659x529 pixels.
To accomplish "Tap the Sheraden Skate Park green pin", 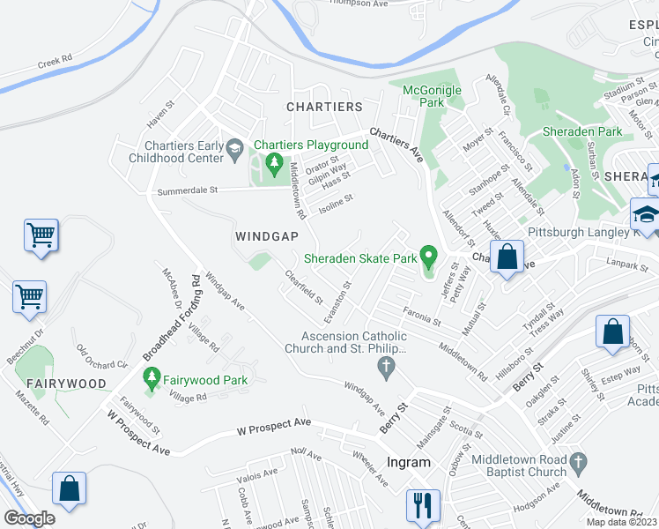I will tap(429, 257).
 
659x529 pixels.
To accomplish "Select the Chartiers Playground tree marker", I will tap(274, 163).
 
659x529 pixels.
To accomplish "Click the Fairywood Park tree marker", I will tap(152, 379).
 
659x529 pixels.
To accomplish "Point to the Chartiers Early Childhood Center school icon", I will tap(234, 151).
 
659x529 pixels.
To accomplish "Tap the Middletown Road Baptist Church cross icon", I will tap(578, 462).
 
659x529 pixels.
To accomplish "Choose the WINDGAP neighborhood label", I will tap(268, 236).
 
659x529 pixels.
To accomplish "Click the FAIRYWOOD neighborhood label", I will tap(66, 384).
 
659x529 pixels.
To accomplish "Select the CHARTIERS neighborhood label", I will tap(324, 107).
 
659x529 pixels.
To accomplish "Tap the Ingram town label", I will tap(409, 462).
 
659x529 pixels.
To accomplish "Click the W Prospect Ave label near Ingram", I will tap(274, 430).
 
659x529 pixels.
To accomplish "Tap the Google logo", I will tap(29, 518).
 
